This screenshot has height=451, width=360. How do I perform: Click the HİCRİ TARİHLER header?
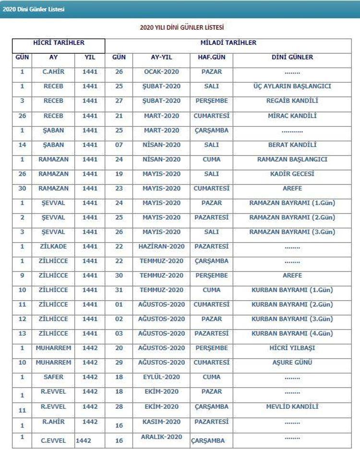point(59,43)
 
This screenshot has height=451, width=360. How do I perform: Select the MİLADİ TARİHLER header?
point(228,43)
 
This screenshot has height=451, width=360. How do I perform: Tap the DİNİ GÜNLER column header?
point(292,57)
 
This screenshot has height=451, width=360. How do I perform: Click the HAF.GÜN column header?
point(211,57)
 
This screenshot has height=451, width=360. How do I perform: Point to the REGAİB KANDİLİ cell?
point(292,101)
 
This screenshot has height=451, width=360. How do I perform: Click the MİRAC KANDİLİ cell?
point(292,116)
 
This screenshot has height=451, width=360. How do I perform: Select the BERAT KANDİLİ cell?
point(292,145)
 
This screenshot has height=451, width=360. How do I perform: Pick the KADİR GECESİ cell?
point(292,174)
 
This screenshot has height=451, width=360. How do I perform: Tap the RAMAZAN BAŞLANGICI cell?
point(292,159)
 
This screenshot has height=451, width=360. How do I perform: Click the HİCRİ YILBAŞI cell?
point(292,348)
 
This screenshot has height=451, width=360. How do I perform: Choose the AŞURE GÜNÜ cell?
point(292,363)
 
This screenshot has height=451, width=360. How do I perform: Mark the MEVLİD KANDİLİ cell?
point(292,407)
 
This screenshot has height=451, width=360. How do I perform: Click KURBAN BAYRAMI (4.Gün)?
point(292,333)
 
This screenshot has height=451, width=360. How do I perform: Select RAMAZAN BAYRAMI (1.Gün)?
point(292,203)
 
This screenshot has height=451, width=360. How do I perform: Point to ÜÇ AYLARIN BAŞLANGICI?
point(292,86)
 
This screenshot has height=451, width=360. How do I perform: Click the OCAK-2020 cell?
point(161,72)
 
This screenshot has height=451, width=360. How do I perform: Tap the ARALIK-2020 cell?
point(161,437)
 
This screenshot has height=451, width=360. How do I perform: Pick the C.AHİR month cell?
point(53,72)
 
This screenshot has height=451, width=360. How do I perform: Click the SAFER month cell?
point(53,377)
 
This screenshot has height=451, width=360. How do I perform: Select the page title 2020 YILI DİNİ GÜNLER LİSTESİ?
point(182,28)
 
